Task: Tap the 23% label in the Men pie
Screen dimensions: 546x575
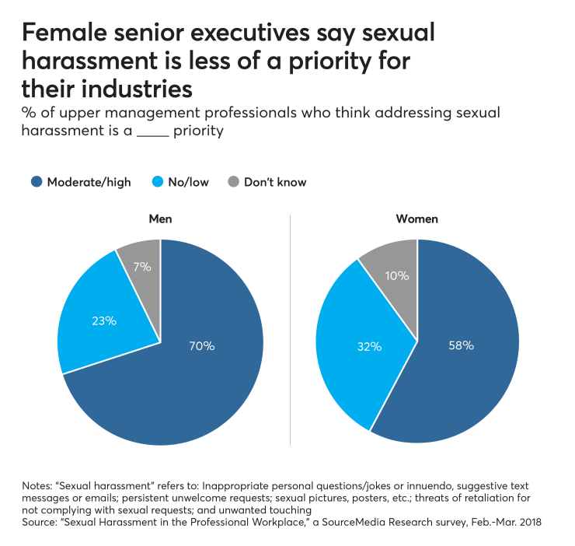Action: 104,320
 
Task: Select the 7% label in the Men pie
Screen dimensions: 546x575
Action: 142,267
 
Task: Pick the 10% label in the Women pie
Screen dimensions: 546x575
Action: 398,275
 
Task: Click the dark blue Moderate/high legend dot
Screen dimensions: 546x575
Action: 36,182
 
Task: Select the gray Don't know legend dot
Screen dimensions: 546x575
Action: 232,182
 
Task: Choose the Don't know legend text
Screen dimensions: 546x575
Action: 275,182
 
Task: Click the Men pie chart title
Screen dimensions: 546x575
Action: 160,219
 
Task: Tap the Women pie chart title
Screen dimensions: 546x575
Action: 417,219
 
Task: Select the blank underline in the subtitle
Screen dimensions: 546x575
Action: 152,131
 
